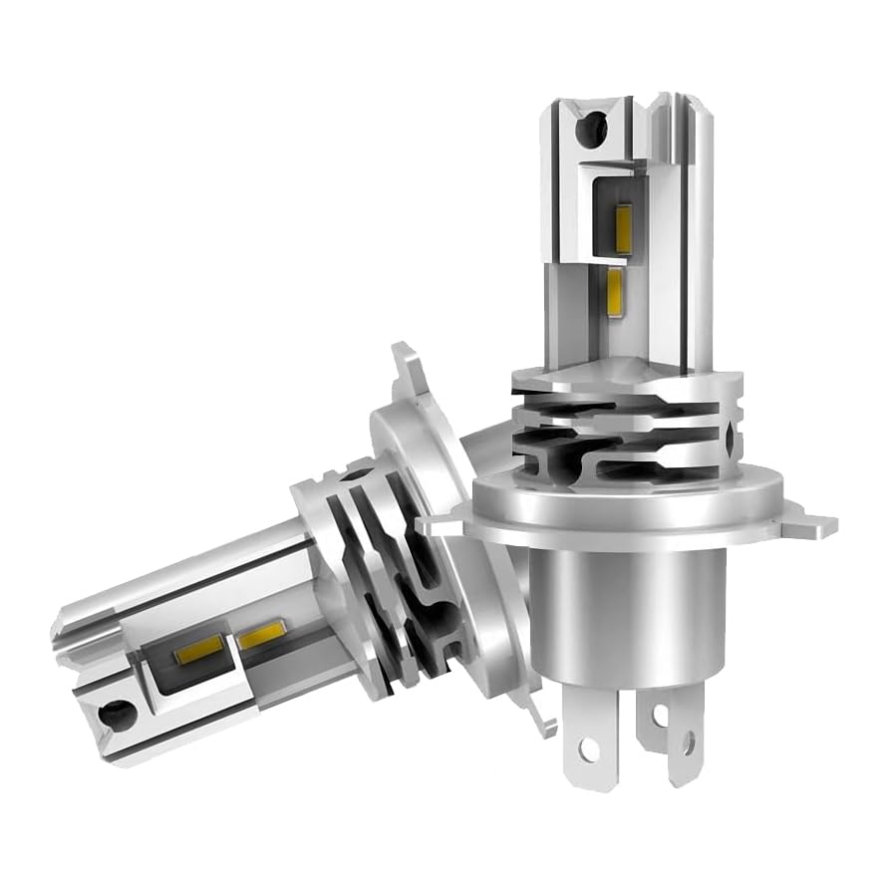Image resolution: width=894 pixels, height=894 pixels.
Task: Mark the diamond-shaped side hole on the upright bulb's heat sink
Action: click(x=736, y=439)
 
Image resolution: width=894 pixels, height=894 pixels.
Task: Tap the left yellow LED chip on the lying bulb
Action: click(x=191, y=656)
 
